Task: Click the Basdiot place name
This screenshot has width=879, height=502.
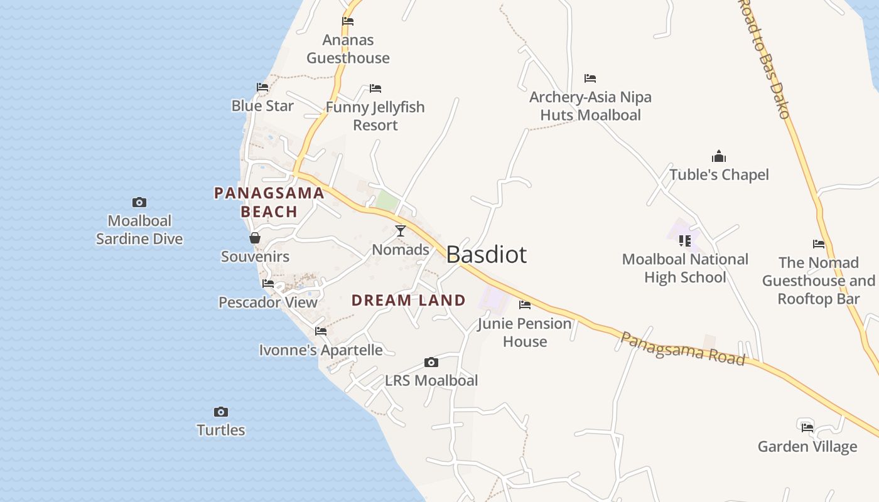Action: tap(487, 255)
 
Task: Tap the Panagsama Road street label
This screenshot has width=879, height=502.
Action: tap(682, 348)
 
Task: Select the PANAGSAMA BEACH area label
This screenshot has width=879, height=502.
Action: tap(269, 202)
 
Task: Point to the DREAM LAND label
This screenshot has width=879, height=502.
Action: tap(409, 301)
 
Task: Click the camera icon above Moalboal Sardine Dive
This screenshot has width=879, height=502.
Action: tap(139, 202)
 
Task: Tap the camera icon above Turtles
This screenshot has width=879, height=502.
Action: tap(220, 412)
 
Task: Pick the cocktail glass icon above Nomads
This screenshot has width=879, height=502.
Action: tap(401, 231)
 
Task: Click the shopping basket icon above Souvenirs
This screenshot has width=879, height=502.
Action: tap(255, 238)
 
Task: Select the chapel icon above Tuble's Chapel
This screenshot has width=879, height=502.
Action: tap(719, 156)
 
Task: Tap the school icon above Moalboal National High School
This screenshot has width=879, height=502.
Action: tap(685, 240)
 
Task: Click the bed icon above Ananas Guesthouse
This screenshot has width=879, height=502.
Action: tap(348, 21)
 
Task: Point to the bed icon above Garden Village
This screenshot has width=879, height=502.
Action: tap(807, 427)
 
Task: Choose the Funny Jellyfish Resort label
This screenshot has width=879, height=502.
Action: tap(375, 116)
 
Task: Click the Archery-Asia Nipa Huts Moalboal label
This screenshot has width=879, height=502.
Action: tap(590, 106)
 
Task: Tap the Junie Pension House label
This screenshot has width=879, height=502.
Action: tap(525, 333)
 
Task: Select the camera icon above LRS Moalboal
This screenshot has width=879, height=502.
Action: tap(431, 362)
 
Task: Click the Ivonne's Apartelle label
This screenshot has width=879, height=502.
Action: tap(321, 350)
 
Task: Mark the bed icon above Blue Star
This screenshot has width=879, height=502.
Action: tap(262, 87)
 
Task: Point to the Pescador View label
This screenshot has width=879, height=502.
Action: tap(268, 302)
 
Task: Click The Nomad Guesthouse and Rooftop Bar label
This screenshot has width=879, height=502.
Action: tap(819, 280)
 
